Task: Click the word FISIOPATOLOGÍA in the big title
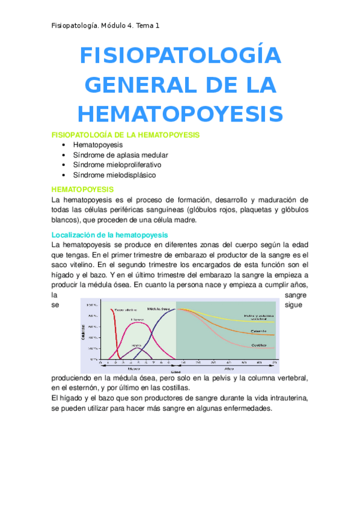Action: (180, 57)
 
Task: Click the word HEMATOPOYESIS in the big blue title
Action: (180, 114)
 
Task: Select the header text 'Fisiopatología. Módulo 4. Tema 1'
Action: (105, 25)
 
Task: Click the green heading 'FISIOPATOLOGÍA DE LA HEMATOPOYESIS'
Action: (126, 135)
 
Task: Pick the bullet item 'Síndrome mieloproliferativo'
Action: (117, 165)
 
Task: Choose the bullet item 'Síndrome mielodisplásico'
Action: (114, 175)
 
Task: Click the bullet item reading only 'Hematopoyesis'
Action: (97, 145)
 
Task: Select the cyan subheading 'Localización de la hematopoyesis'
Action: (110, 235)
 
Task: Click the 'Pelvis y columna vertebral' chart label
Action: (258, 317)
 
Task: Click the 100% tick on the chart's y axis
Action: (93, 306)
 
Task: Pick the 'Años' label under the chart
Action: (228, 369)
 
